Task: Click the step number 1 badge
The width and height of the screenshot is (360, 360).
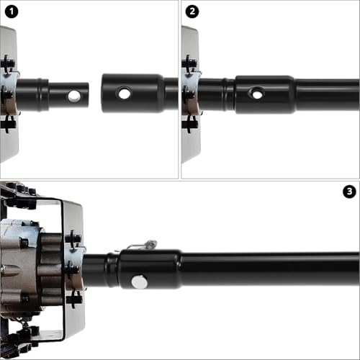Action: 12,12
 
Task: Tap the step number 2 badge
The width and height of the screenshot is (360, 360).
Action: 192,12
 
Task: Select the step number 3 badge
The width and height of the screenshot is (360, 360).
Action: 349,192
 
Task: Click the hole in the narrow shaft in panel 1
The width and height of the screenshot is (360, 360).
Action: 74,96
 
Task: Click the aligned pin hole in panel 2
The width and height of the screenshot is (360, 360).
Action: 257,93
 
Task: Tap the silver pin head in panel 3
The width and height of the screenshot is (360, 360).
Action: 139,282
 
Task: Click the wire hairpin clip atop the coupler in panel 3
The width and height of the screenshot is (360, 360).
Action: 142,246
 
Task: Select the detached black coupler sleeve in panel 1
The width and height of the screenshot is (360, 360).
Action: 133,93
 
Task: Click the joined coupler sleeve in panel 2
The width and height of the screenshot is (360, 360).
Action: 265,94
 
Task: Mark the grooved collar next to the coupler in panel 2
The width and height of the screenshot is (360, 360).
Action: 228,94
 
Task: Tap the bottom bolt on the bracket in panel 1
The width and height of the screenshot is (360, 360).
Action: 8,124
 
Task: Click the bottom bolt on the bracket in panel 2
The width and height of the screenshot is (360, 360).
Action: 189,124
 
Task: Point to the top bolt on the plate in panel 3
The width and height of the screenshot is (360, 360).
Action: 73,238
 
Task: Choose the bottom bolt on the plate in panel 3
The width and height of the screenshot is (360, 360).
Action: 74,300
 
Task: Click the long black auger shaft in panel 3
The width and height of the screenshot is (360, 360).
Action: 270,269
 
